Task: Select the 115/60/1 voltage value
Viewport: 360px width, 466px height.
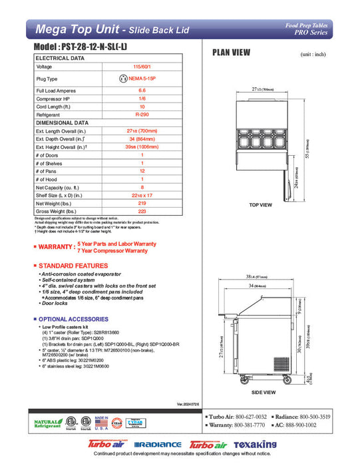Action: pos(141,67)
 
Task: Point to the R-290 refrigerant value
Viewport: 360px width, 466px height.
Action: pos(141,115)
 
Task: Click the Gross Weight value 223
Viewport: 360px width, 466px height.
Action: pos(141,210)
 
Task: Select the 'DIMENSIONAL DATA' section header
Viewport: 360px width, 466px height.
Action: pos(62,122)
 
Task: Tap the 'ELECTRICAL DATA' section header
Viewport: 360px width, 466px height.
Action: pos(60,58)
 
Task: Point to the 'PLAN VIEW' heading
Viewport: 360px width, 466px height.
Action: pos(231,53)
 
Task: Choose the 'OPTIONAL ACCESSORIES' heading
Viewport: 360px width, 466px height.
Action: pos(74,320)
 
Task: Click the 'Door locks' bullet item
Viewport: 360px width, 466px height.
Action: pos(58,303)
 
